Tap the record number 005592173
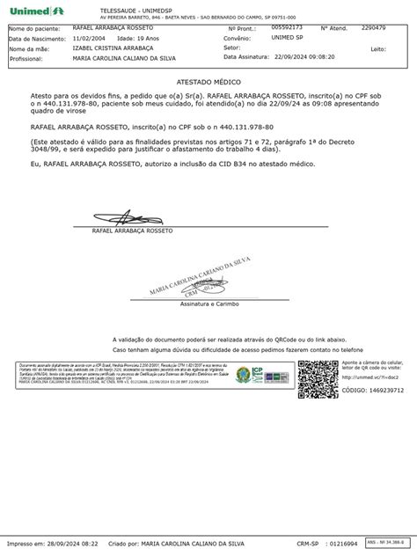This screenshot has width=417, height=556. tap(286, 28)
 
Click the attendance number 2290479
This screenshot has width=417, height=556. tap(373, 28)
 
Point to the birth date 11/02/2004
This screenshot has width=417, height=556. tap(89, 39)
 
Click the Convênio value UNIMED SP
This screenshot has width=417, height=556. tap(288, 39)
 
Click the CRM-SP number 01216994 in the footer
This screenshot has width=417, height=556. tap(338, 546)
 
